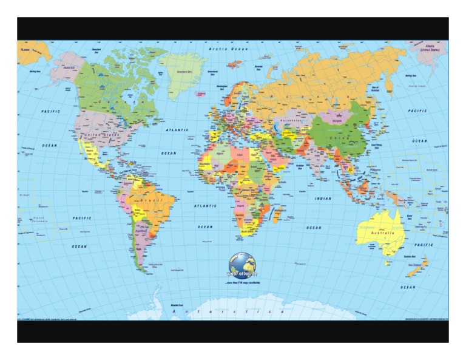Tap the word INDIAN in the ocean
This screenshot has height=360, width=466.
323,199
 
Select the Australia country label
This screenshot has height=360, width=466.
383,233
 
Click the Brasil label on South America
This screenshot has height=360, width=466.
148,200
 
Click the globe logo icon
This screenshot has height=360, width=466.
242,265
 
